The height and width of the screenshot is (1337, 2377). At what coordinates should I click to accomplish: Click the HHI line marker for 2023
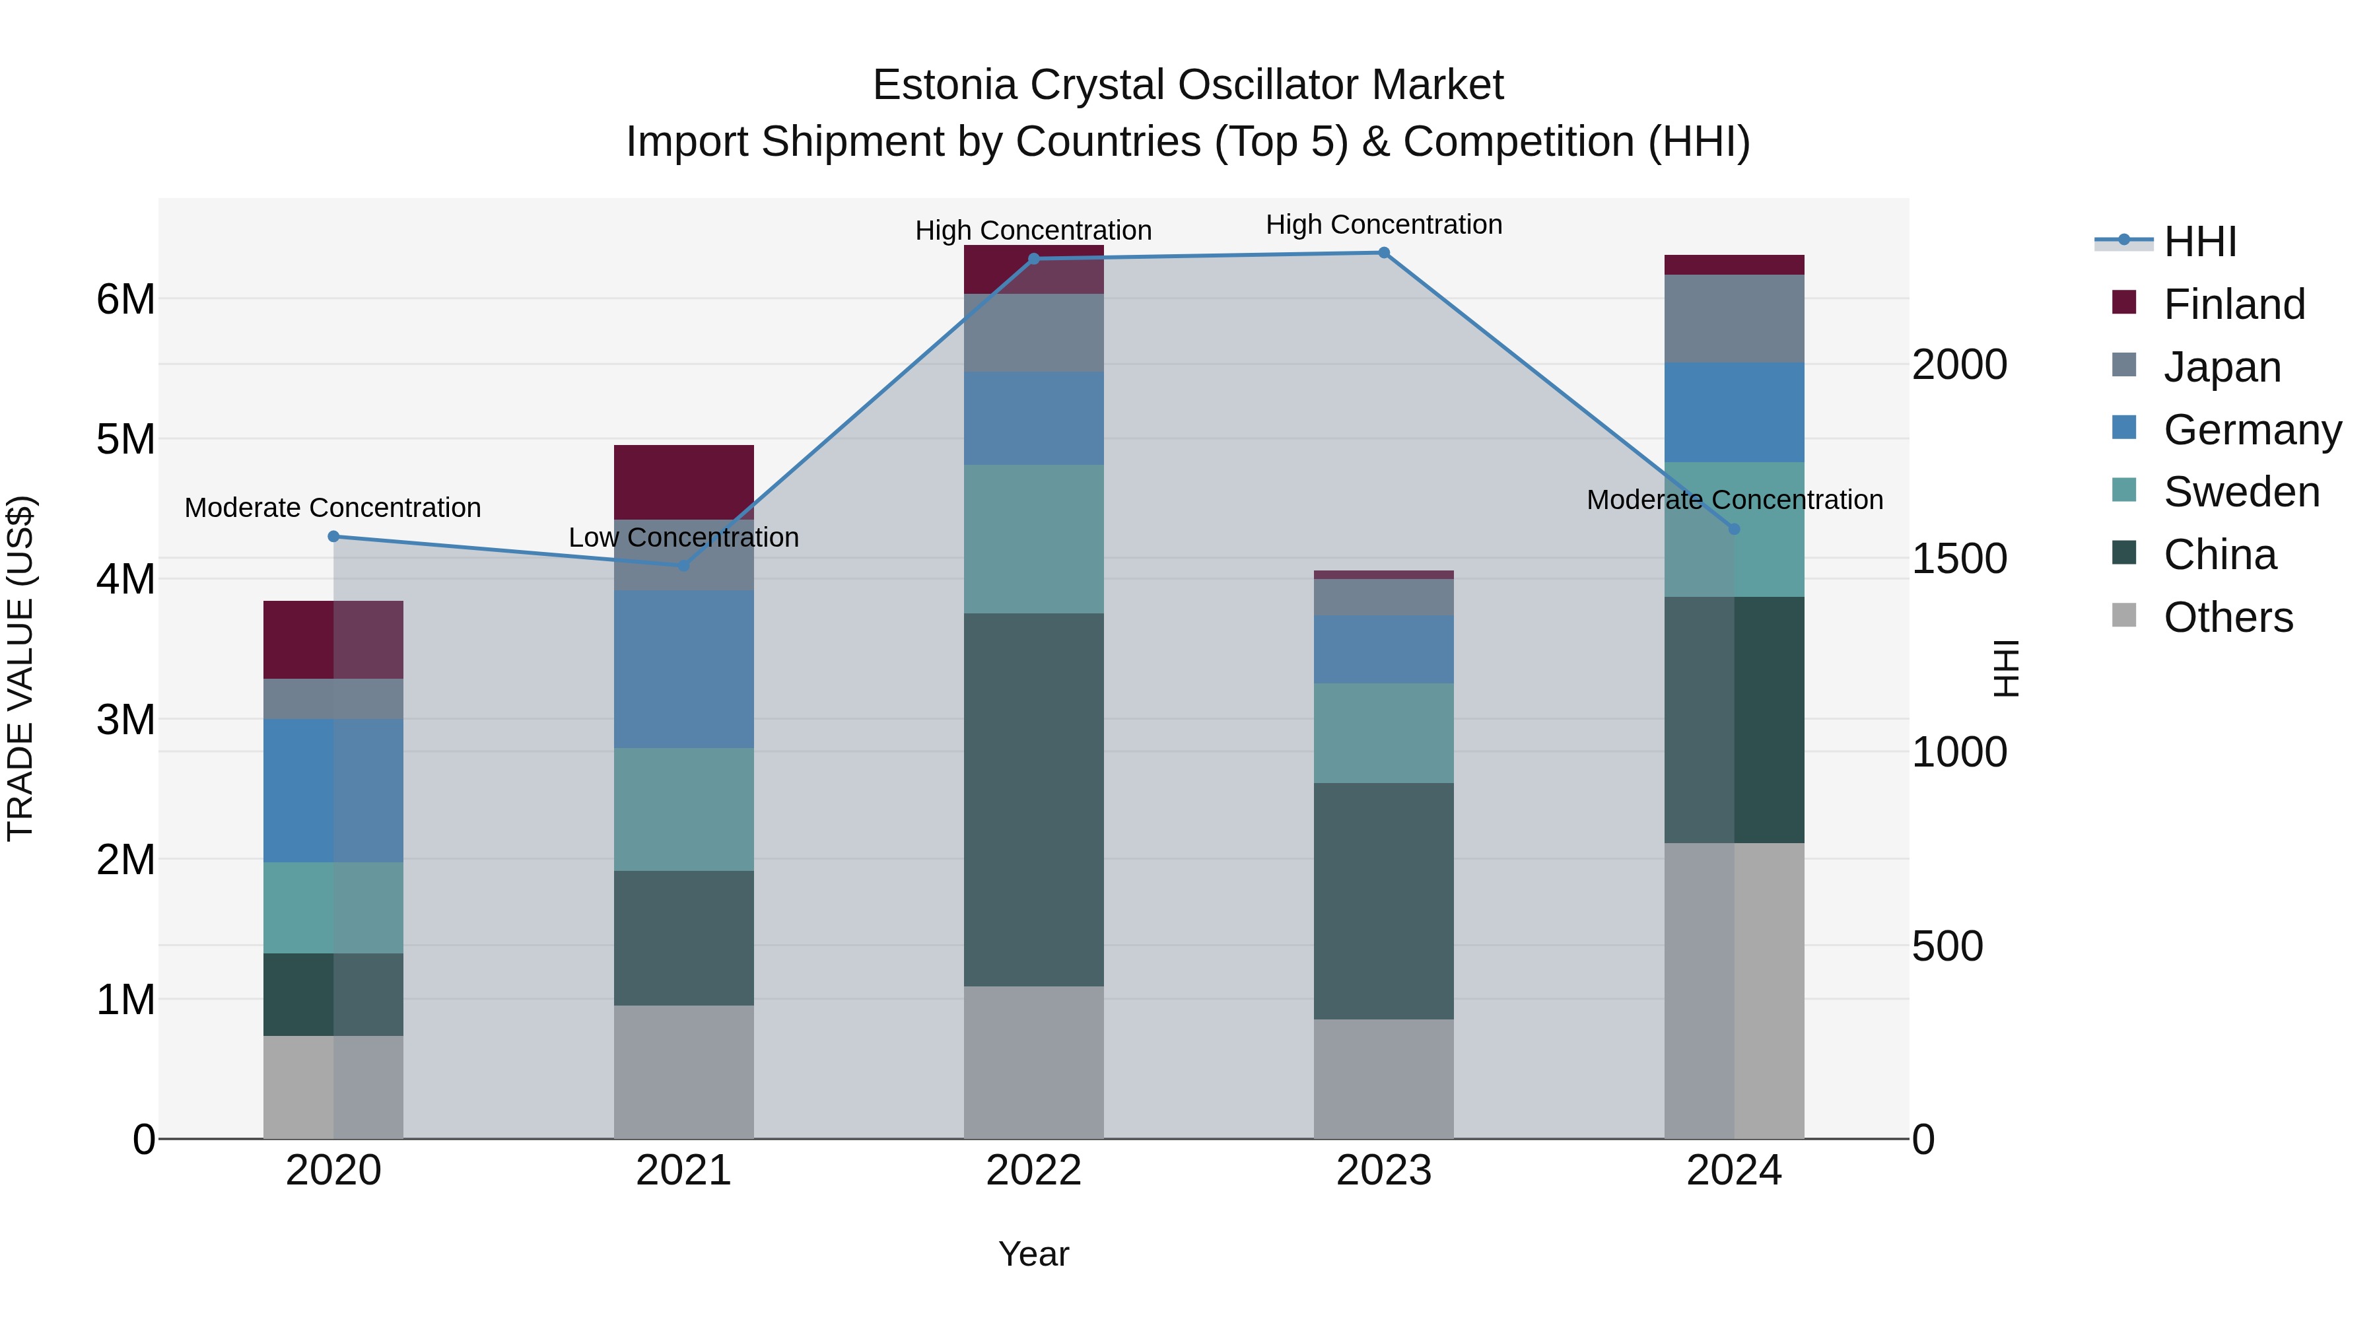click(1383, 253)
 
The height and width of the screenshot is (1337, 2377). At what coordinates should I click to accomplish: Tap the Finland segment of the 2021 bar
click(684, 482)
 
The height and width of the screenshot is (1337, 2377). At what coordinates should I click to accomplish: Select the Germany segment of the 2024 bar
click(1734, 413)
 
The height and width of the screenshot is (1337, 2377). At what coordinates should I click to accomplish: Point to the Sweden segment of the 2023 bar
click(1383, 733)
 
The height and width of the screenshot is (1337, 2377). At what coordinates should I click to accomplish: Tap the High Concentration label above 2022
click(1033, 230)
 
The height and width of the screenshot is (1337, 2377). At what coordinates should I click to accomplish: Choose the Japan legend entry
click(2222, 366)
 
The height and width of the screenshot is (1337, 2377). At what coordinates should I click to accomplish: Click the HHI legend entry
click(2200, 242)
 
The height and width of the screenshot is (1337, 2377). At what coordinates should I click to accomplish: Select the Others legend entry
click(2228, 617)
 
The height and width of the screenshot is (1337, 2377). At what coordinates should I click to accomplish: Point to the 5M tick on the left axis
click(125, 439)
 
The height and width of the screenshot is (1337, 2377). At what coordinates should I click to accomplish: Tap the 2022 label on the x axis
click(1033, 1171)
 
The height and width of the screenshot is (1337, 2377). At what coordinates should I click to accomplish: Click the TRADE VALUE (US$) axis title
click(20, 668)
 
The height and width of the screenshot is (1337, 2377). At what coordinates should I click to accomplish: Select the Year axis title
click(1033, 1254)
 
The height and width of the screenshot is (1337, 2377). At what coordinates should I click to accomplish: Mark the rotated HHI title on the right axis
click(2006, 668)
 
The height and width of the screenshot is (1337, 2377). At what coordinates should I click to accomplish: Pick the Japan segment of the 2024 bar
click(1734, 318)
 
